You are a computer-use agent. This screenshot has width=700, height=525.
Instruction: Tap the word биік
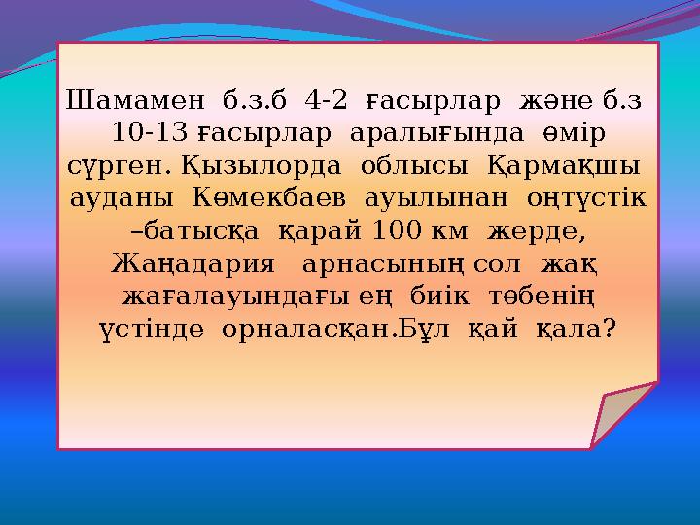[451, 296]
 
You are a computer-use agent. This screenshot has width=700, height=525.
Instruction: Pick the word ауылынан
[437, 197]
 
